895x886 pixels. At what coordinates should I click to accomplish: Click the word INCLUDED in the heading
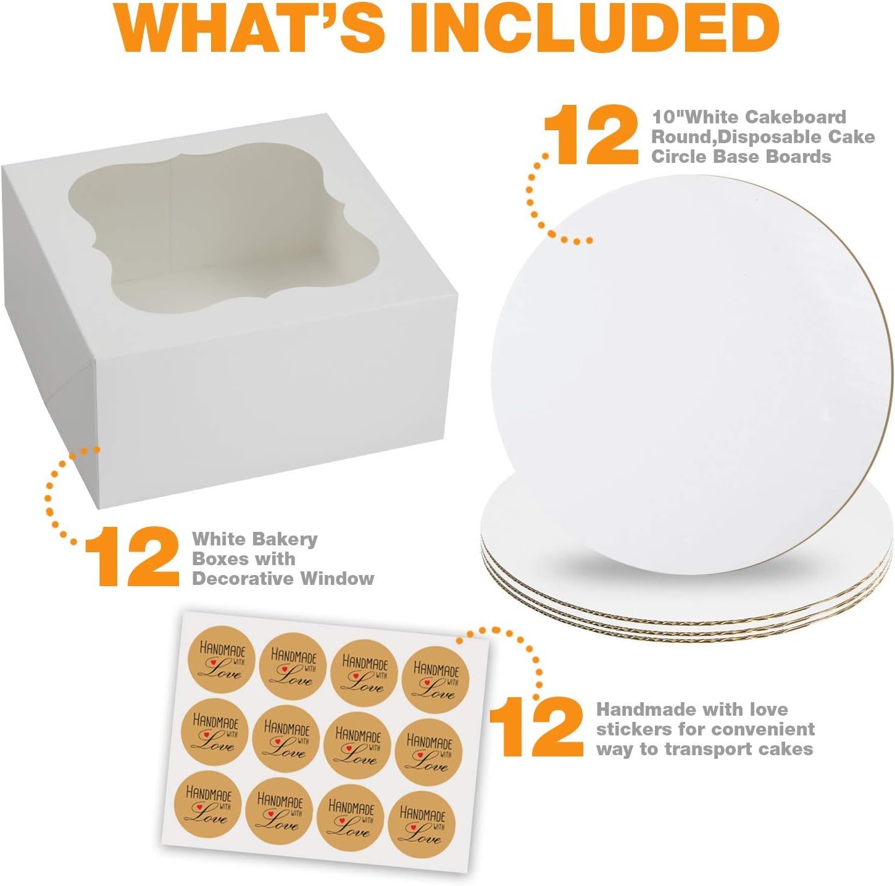click(593, 28)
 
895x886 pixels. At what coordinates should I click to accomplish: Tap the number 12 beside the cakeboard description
click(590, 135)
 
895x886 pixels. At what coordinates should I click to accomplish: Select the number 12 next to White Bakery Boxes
click(132, 557)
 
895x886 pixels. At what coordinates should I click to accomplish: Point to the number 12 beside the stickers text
click(536, 727)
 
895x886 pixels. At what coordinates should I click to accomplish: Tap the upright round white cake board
click(691, 370)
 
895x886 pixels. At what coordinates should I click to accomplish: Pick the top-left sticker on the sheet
click(222, 659)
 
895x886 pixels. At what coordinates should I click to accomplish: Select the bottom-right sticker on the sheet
click(423, 824)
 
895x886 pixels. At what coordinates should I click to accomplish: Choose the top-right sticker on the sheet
click(436, 679)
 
